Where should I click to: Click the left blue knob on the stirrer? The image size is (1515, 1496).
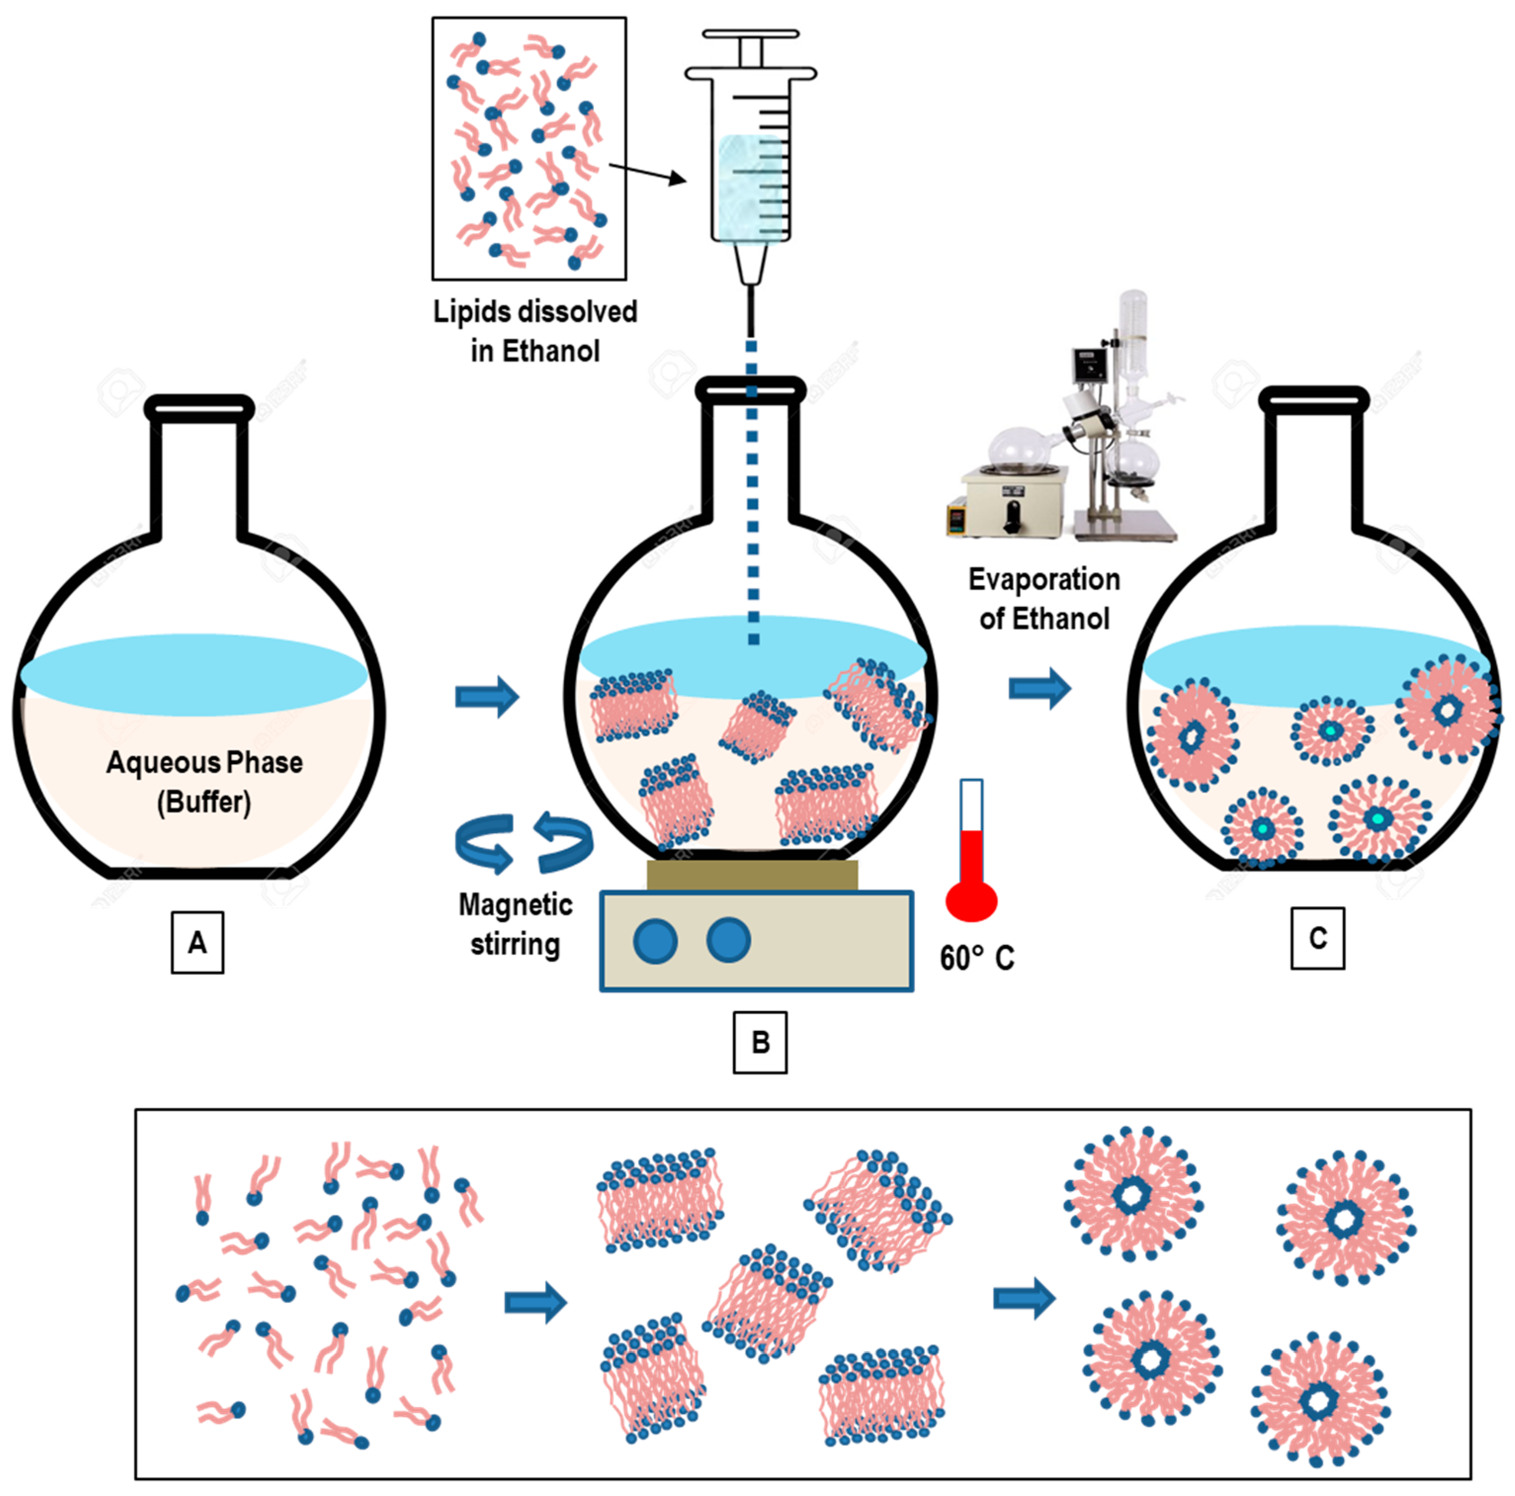pos(655,941)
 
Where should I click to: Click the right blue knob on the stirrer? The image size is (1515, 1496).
pos(728,940)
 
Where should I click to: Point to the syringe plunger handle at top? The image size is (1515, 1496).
pos(751,35)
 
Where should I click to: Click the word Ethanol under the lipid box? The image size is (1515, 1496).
pos(550,351)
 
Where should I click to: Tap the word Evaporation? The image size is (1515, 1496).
pos(1044,580)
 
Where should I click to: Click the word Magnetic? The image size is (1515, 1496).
pos(515,904)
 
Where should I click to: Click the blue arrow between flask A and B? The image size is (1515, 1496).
pos(487,696)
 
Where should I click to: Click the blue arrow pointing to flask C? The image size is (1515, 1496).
pos(1039,688)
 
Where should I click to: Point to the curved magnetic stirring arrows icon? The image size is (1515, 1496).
pos(523,843)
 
